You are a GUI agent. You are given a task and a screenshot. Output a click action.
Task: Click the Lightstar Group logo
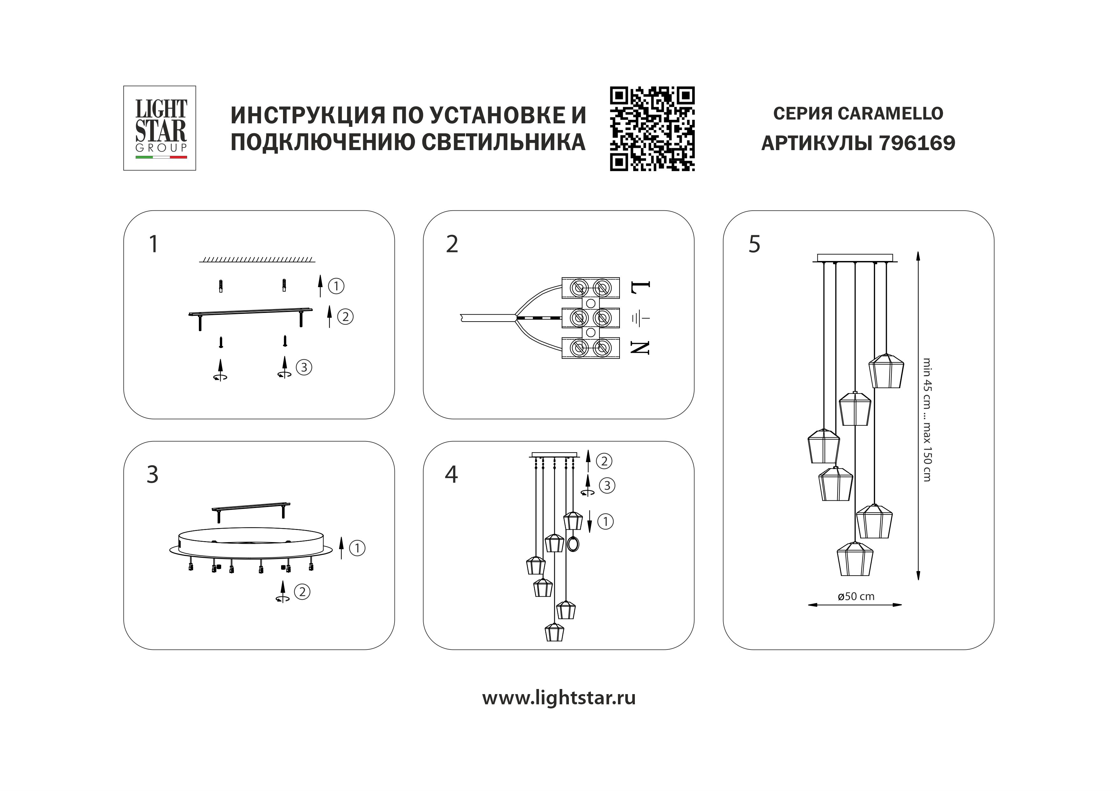click(160, 128)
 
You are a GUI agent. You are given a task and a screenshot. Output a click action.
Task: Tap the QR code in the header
click(652, 128)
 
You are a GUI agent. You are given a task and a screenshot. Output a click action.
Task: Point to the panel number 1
click(153, 244)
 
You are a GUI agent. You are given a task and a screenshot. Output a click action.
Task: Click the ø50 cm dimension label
click(856, 596)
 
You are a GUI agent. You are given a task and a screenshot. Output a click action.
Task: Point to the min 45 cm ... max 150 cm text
click(927, 420)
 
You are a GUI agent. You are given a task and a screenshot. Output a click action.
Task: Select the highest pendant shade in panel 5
click(886, 371)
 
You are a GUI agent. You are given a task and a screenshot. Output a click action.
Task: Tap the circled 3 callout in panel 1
click(304, 367)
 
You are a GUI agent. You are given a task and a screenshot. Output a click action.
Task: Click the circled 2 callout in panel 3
click(302, 592)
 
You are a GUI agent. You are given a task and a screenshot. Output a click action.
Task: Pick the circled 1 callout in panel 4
click(605, 522)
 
